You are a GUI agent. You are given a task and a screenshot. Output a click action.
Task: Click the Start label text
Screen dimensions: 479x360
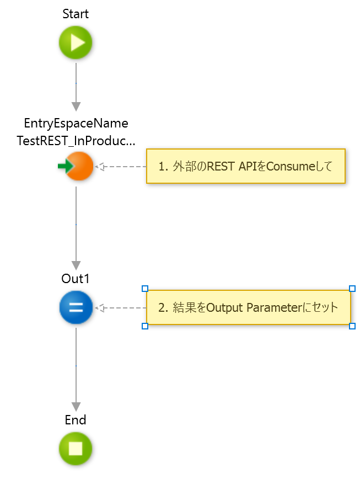[x=76, y=14]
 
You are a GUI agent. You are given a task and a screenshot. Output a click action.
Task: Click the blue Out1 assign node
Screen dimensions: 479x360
[x=76, y=307]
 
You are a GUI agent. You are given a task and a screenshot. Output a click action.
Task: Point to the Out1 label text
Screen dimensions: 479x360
[x=76, y=278]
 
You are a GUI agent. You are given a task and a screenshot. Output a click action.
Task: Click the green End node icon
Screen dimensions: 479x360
[x=76, y=448]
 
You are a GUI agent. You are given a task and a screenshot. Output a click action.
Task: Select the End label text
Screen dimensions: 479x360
[x=76, y=420]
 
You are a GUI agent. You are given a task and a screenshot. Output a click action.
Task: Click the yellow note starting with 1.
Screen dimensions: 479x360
[x=245, y=166]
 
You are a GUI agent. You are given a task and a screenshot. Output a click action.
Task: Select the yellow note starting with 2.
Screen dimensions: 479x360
[x=248, y=307]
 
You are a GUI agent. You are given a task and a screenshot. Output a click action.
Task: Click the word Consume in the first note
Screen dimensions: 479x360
[x=285, y=166]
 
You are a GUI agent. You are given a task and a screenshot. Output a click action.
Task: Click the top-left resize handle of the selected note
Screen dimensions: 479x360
[x=145, y=289]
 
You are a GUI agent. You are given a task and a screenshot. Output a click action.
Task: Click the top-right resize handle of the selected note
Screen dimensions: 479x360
[x=352, y=289]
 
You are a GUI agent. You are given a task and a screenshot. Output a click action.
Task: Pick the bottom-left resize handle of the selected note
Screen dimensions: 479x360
[x=145, y=326]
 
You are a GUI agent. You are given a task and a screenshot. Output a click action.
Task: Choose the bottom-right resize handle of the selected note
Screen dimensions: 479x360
[x=352, y=326]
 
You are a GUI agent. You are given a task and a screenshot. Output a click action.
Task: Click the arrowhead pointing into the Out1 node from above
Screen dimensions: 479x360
[x=76, y=265]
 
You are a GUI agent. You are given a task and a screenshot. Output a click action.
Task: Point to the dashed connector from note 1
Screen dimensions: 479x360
[x=121, y=166]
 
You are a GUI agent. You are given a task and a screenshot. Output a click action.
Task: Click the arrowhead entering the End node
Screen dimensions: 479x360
[x=76, y=407]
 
